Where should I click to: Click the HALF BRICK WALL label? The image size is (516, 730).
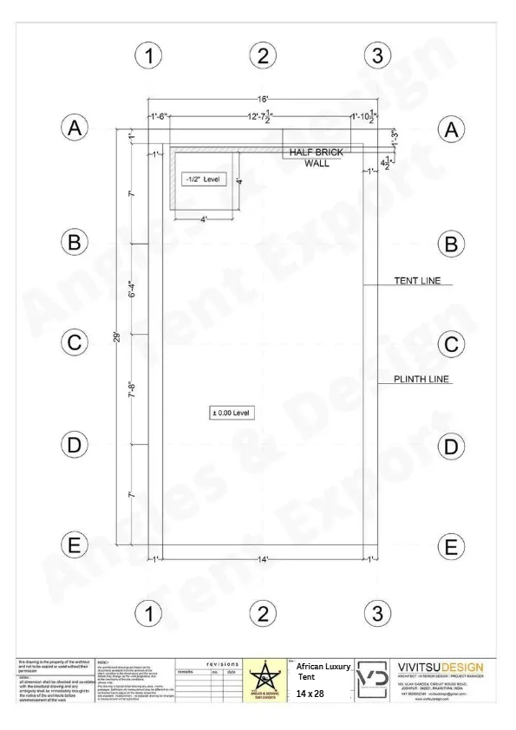(x=316, y=157)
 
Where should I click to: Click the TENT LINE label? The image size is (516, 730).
(x=417, y=280)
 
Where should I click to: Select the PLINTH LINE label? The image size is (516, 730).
(x=422, y=379)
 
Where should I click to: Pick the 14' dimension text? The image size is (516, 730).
(x=263, y=558)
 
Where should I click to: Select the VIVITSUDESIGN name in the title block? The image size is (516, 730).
(x=441, y=667)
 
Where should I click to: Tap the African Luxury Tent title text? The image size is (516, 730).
(x=323, y=670)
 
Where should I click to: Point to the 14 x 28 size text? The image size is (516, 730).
(x=309, y=694)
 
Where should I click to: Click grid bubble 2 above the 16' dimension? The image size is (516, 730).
(x=262, y=56)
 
